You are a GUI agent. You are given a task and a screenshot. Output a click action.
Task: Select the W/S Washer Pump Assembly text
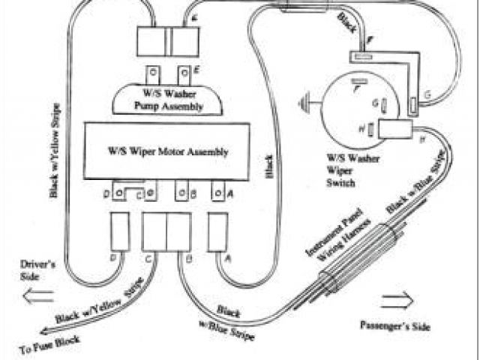168,100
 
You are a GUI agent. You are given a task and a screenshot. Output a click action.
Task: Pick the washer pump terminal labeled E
184,74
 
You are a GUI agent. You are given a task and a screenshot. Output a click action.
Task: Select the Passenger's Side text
394,328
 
